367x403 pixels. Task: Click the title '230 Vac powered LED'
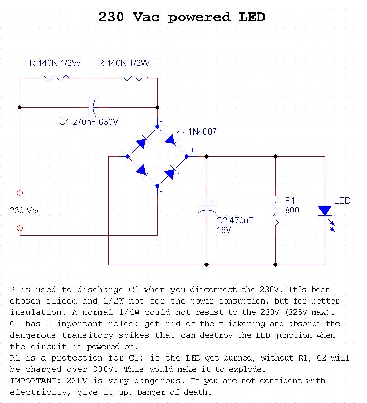tap(182, 17)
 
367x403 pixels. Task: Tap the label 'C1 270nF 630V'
tap(89, 122)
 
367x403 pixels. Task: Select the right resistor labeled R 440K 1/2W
tap(134, 78)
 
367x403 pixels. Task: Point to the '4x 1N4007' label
tap(197, 132)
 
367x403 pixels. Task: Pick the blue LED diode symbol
tap(325, 210)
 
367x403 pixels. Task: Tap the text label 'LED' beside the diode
tap(342, 200)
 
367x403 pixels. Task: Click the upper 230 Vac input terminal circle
tap(20, 193)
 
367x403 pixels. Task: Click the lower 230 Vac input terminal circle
tap(20, 228)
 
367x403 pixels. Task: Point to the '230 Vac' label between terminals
tap(25, 211)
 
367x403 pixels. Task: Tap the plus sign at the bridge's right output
tap(192, 150)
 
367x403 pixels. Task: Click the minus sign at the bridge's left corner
tap(121, 152)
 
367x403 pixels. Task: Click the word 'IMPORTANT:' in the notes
tap(32, 381)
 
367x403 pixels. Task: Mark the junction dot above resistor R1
tap(275, 156)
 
